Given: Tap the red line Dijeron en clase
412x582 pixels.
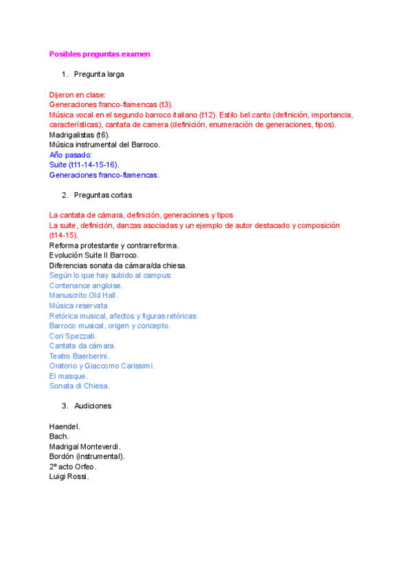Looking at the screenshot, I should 77,95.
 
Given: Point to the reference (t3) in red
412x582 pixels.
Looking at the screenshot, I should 165,105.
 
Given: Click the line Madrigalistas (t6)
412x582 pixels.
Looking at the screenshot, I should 79,135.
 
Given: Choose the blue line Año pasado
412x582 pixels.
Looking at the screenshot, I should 71,155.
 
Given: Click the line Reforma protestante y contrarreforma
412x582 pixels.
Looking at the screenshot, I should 114,245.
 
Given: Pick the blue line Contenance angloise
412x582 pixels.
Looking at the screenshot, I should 86,286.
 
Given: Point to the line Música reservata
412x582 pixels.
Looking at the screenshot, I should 78,305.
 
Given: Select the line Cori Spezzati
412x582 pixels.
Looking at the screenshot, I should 73,336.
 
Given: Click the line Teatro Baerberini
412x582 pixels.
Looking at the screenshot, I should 80,356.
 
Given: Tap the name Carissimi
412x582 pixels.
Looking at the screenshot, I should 135,366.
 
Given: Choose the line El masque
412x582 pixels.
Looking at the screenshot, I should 69,376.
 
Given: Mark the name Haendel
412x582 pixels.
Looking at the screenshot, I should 65,426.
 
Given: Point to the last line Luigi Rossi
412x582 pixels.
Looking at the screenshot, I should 69,476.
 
